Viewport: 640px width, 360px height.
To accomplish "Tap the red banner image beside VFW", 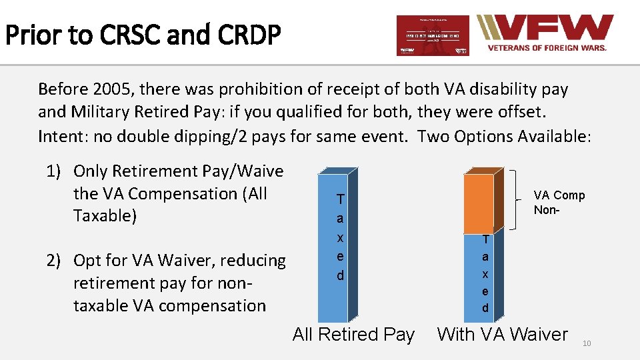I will tap(433, 36).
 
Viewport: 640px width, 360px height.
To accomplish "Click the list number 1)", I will tap(57, 171).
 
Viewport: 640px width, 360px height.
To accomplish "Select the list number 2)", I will tap(57, 261).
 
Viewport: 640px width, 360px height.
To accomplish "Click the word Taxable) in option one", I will tap(105, 217).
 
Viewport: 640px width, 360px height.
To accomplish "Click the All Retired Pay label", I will tap(353, 335).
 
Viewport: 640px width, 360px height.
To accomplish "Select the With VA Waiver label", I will tap(502, 335).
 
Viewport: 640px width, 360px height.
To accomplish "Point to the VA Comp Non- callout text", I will tap(559, 202).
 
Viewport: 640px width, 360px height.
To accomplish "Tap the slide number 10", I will tap(587, 343).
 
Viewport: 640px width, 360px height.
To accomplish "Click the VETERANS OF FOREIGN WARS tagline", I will tap(547, 48).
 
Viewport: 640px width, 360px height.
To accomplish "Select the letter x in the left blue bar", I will tap(340, 237).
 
